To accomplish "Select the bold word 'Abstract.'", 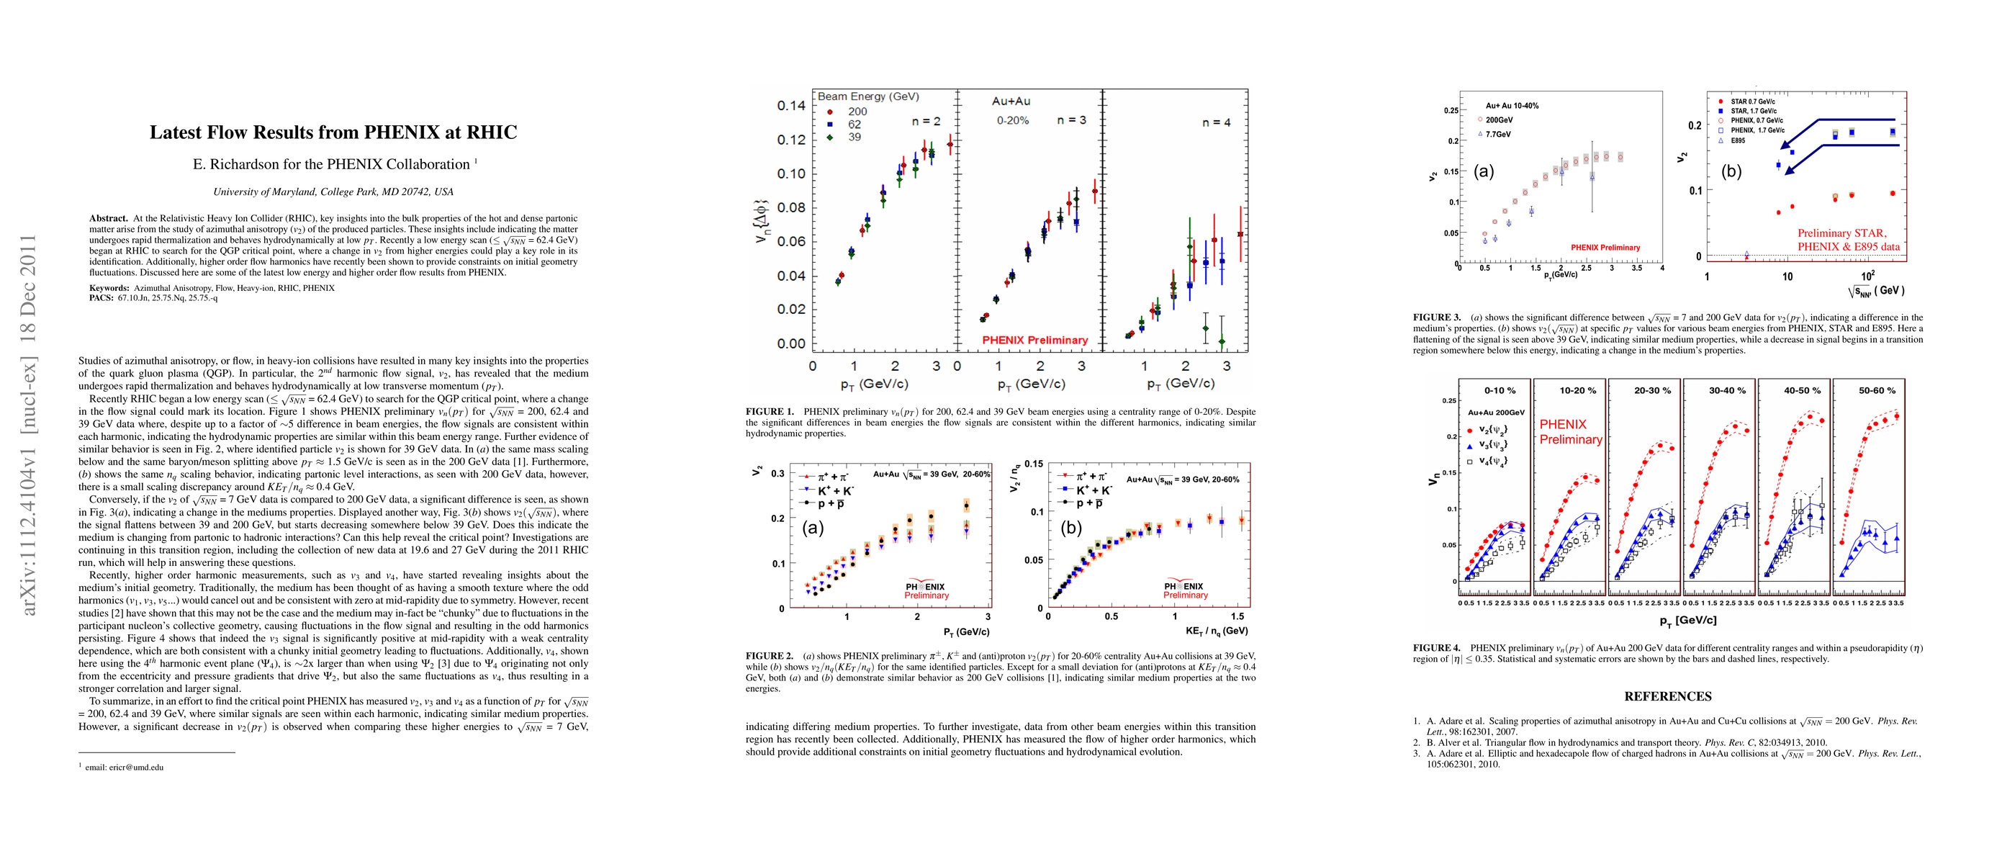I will [108, 218].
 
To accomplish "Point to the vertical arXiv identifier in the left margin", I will [28, 424].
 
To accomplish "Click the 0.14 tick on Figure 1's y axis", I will [791, 106].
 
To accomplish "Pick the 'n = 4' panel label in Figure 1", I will [1217, 122].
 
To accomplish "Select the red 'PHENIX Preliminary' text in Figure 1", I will [1034, 340].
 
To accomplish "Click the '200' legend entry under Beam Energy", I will [857, 112].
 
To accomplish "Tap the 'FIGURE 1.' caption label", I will [770, 412].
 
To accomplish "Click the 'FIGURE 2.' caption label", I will [770, 656].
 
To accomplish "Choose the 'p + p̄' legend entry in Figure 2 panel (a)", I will [831, 503].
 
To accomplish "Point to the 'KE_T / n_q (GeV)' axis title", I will [1217, 631].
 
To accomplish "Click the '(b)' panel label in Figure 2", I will [1071, 528].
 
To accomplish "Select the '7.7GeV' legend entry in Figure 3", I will [1497, 135].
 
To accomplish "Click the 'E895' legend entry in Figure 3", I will [1737, 140].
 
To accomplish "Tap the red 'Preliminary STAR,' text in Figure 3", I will [1842, 233].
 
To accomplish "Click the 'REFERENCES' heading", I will [1668, 696].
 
